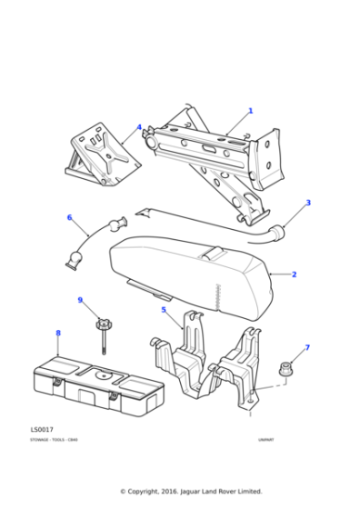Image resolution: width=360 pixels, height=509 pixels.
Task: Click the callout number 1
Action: [x=250, y=111]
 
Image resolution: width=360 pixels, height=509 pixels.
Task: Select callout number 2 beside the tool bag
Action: [x=294, y=274]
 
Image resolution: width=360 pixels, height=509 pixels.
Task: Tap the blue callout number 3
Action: [x=308, y=203]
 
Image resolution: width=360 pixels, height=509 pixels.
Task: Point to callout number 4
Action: [x=139, y=127]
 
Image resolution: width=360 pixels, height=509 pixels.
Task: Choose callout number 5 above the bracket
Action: [x=164, y=310]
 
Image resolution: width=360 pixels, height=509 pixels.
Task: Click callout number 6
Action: [x=69, y=217]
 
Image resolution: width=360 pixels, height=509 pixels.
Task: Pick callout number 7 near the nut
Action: [x=306, y=347]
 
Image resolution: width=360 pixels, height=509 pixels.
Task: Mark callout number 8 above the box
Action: [x=58, y=333]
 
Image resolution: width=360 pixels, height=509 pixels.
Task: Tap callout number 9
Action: [x=80, y=300]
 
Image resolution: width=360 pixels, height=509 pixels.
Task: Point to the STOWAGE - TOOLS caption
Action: [x=53, y=440]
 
